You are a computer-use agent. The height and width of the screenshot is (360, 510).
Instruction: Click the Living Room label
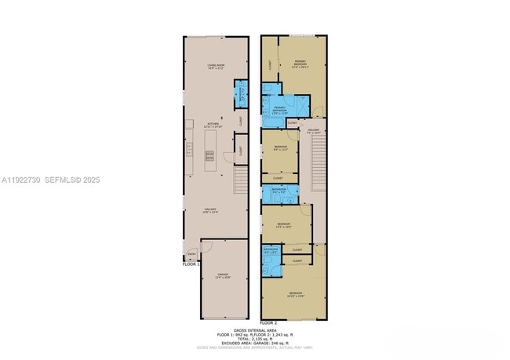216,67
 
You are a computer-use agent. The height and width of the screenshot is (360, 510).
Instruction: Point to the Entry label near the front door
191,254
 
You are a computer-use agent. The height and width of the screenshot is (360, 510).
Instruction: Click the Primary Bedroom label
301,64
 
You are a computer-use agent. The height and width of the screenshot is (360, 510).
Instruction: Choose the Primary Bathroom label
279,109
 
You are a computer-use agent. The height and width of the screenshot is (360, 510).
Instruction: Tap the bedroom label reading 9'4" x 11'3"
280,149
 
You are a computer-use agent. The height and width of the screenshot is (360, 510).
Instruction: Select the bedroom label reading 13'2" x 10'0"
284,225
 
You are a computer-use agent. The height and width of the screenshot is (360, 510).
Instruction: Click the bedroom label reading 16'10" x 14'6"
296,294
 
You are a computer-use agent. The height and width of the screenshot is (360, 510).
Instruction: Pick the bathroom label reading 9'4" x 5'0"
279,191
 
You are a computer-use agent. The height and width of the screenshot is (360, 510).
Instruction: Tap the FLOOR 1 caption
191,265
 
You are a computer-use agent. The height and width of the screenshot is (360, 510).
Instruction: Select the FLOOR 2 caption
269,322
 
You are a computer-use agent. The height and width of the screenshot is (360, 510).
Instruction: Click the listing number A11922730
23,180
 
